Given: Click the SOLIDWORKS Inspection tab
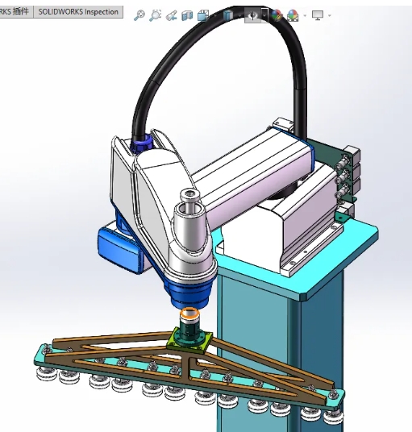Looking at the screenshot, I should pyautogui.click(x=79, y=12).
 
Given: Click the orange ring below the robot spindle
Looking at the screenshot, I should pyautogui.click(x=191, y=314).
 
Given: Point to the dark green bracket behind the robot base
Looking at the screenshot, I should pyautogui.click(x=327, y=153).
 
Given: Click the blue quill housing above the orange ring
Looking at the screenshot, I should pyautogui.click(x=189, y=286).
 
